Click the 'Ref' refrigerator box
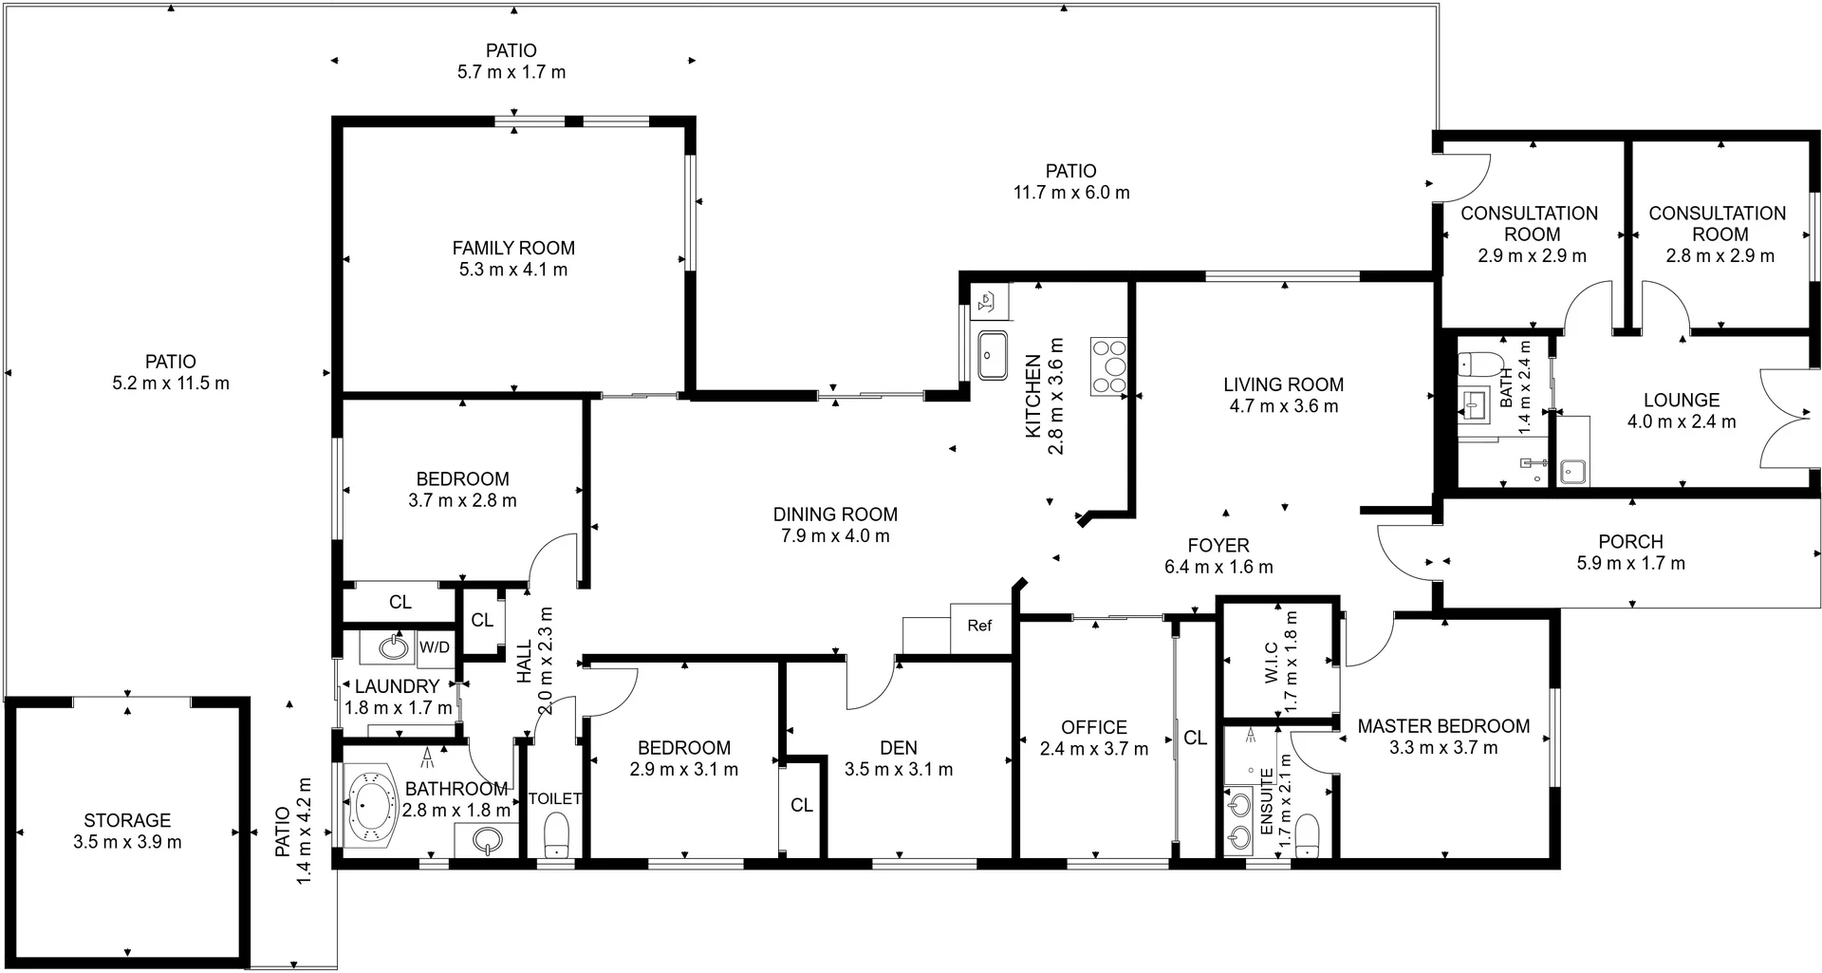coord(980,626)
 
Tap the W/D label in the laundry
coord(435,647)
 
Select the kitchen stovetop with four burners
coord(1108,367)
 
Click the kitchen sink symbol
coord(993,356)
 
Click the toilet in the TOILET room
coord(556,838)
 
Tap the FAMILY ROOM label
coord(513,248)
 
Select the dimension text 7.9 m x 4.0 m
coord(835,536)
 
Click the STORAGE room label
coord(127,820)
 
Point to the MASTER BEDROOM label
coord(1443,726)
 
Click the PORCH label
coord(1630,542)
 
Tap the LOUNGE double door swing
coord(1784,418)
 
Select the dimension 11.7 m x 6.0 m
coord(1071,193)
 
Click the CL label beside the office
coord(1195,738)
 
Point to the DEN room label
coord(898,748)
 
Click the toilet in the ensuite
coord(1308,835)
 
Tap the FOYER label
coord(1218,546)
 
